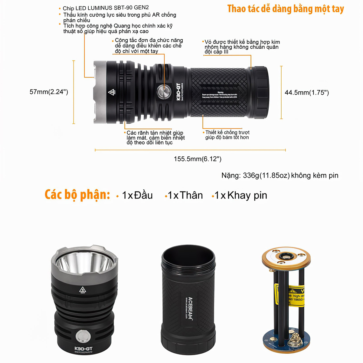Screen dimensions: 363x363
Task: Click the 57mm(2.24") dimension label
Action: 49,92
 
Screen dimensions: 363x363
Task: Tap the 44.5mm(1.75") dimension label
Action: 306,93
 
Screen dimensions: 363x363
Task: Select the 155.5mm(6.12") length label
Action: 197,159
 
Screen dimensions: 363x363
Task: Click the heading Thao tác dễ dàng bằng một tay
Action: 286,9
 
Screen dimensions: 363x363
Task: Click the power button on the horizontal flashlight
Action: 163,92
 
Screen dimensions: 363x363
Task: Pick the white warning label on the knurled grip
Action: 220,95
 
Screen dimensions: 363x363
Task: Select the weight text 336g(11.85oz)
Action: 266,175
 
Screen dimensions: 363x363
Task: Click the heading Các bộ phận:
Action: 77,195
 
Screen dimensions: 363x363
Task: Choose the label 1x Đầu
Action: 137,195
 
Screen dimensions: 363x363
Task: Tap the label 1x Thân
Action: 185,195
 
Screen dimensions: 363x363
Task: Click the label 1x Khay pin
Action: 241,195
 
